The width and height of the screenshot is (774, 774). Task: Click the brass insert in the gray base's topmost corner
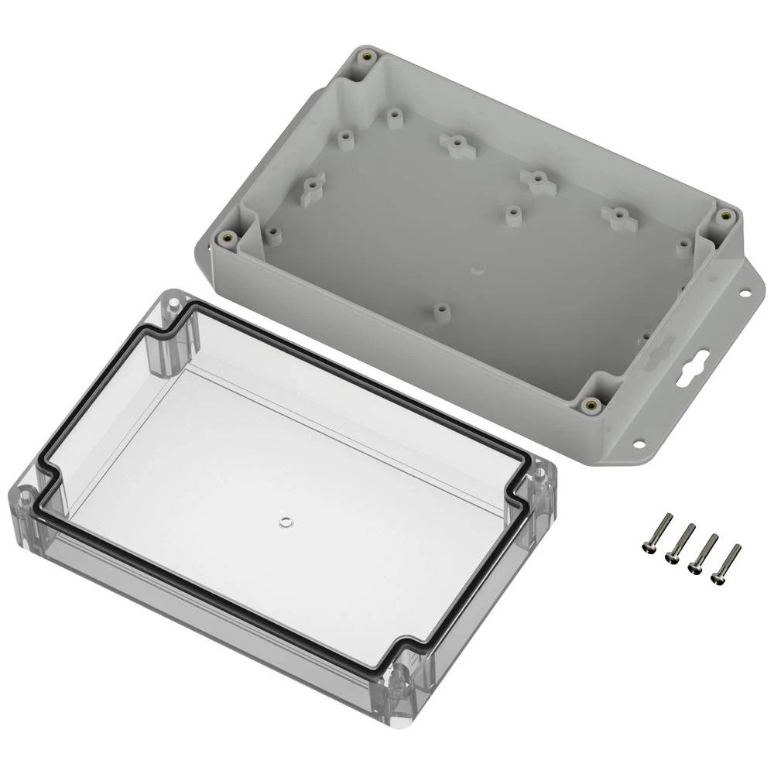tap(367, 58)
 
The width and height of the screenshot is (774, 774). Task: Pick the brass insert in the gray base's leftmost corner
tap(226, 238)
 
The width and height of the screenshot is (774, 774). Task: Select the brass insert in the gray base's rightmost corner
tap(725, 216)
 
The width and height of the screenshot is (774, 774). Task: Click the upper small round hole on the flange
tap(745, 294)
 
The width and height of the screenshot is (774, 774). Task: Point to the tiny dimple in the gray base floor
tap(478, 270)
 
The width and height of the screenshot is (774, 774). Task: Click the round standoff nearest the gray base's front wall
tap(441, 311)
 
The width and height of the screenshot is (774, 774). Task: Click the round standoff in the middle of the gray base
tap(512, 214)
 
